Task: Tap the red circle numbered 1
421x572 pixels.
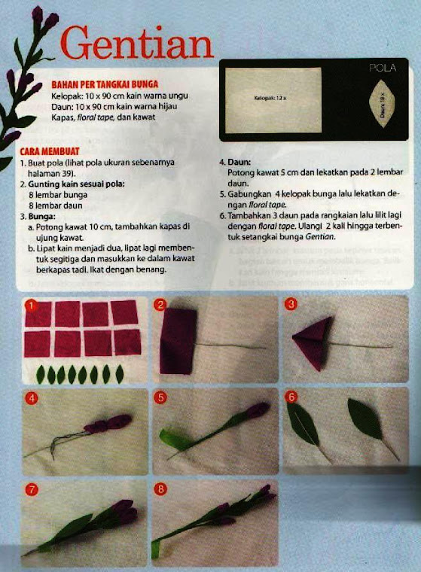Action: point(31,305)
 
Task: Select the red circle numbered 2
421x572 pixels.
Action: point(160,305)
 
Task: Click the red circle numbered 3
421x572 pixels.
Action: point(291,304)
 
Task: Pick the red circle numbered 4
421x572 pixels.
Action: point(31,397)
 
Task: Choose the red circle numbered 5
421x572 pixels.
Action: point(160,397)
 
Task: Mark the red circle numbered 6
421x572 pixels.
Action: point(291,397)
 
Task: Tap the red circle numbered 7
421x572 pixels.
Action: point(31,490)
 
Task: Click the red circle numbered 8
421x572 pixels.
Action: point(160,490)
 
